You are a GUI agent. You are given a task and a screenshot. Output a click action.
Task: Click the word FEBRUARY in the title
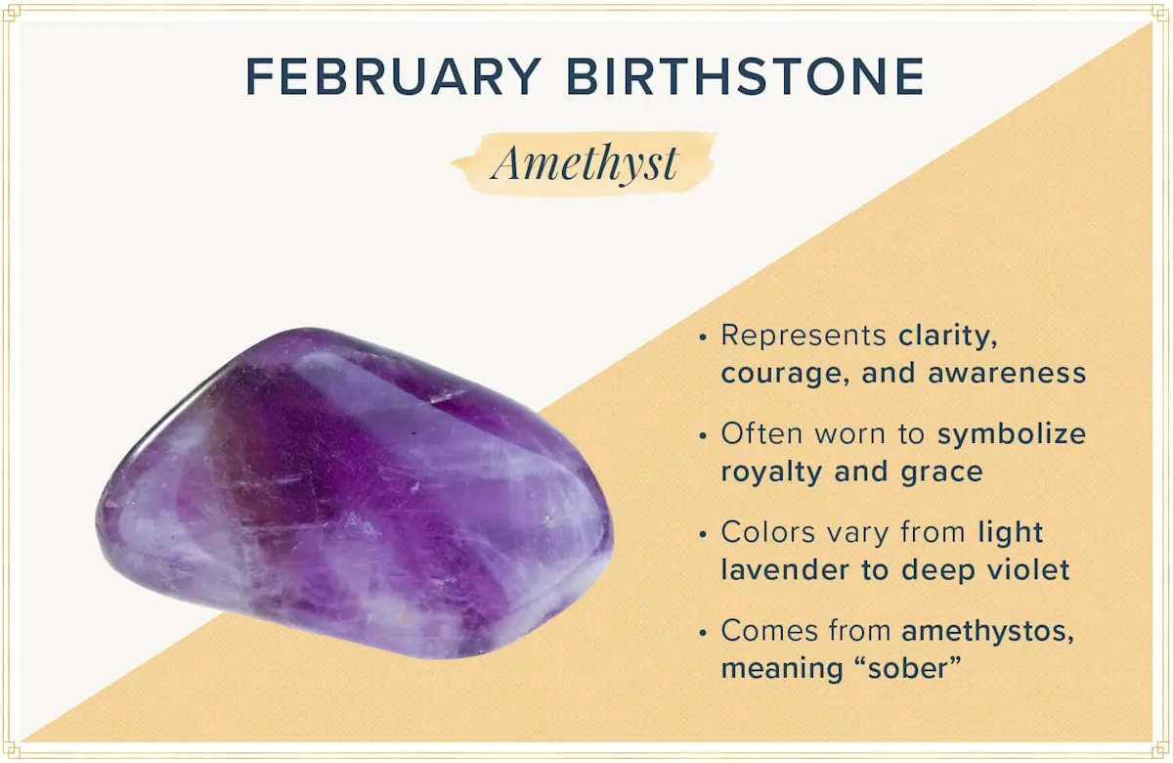[392, 76]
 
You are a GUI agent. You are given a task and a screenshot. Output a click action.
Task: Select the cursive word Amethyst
[585, 162]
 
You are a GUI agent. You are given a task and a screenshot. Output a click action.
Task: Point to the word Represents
[804, 336]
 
